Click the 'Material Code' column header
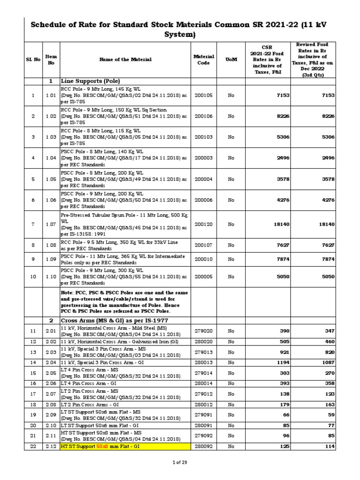203,60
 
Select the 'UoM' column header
231,60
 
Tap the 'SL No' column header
33,60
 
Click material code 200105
203,95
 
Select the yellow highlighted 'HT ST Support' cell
125,447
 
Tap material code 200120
203,225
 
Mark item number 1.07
51,225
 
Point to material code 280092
203,447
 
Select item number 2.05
51,373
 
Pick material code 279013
203,352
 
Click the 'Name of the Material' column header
125,60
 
